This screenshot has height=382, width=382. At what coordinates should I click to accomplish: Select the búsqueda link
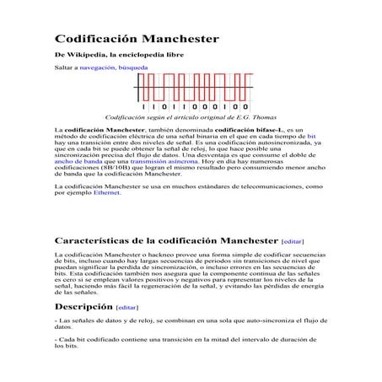[x=133, y=67]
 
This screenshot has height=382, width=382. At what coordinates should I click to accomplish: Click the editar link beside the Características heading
[x=292, y=240]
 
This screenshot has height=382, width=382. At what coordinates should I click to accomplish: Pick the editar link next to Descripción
[x=126, y=307]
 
